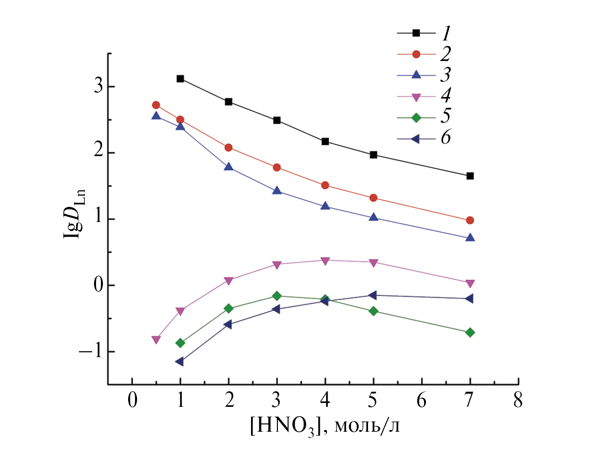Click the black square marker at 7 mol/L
[x=470, y=176]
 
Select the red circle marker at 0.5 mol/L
[x=156, y=105]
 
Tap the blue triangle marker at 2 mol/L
[x=228, y=166]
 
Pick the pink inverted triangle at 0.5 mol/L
[x=156, y=340]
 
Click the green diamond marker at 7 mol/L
[x=470, y=332]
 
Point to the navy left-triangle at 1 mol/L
[x=179, y=361]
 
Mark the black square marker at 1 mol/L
[x=180, y=79]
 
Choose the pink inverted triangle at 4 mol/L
[x=325, y=261]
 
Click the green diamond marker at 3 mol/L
[x=277, y=296]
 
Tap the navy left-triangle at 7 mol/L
[x=469, y=298]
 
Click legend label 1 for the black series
[x=446, y=33]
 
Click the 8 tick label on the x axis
[x=518, y=401]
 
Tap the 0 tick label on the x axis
[x=132, y=401]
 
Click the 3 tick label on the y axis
[x=97, y=87]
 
